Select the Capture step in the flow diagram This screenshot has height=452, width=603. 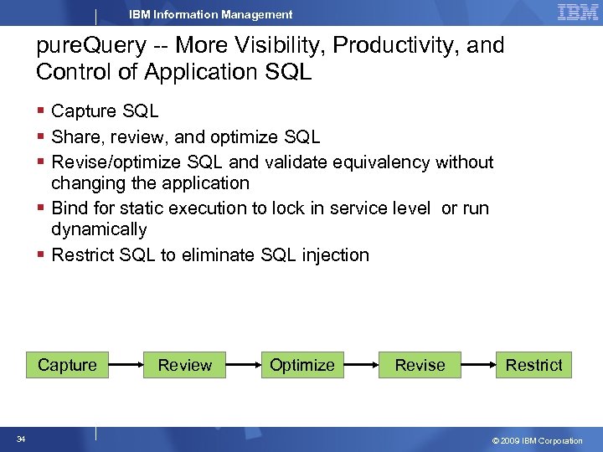click(x=67, y=365)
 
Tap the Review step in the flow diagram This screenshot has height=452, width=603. click(x=185, y=365)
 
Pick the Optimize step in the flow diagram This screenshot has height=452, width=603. click(x=301, y=365)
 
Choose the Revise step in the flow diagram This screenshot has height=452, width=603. click(x=420, y=365)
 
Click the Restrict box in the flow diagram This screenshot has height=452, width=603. click(x=533, y=365)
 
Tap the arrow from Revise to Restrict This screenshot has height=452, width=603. click(x=477, y=365)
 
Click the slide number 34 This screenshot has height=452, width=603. click(x=19, y=439)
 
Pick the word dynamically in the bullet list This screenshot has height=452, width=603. click(x=99, y=229)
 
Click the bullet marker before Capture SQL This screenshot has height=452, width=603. click(x=42, y=111)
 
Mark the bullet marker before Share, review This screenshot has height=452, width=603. click(x=42, y=136)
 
